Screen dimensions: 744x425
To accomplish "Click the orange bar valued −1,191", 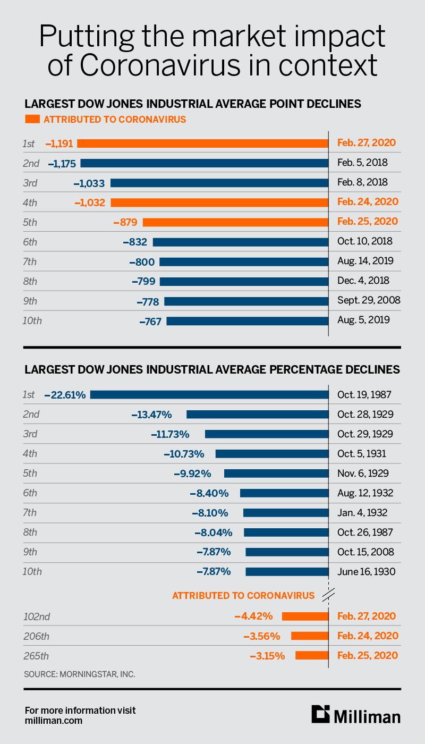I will [203, 143].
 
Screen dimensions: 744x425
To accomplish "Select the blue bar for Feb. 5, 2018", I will [205, 163].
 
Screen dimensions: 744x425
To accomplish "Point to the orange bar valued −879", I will [236, 222].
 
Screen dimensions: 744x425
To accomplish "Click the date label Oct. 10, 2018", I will [364, 241].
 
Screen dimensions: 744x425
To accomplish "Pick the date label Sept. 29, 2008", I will [369, 300].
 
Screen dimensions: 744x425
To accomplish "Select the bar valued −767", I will [248, 320].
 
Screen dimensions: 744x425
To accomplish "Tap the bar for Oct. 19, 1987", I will [209, 395].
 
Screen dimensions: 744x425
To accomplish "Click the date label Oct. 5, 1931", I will [361, 454].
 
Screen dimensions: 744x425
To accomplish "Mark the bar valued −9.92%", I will [276, 474].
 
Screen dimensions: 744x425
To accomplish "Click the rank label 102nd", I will [37, 616].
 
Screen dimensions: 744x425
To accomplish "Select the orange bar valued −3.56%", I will [310, 636].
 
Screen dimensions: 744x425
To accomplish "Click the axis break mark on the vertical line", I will [329, 595].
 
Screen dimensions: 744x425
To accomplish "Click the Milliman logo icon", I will [320, 714].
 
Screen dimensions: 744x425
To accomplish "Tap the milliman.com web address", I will [53, 721].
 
